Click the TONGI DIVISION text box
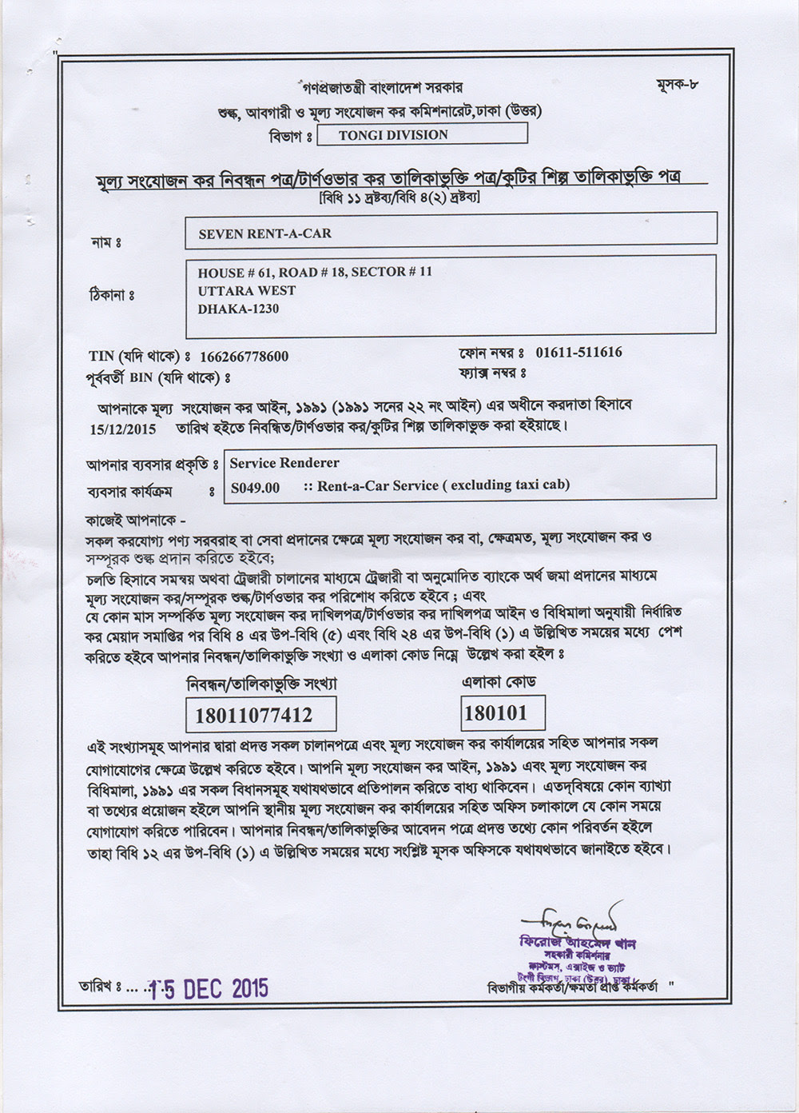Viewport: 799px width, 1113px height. pos(422,134)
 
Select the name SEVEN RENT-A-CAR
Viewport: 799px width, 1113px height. pos(264,233)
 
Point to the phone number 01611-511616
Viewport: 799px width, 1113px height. pos(578,352)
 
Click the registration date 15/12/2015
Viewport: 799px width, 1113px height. pos(124,428)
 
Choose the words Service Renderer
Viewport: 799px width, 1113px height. pos(284,463)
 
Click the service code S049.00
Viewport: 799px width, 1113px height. pos(255,487)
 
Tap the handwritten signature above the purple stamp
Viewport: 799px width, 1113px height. pos(570,916)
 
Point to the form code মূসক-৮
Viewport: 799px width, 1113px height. pos(681,84)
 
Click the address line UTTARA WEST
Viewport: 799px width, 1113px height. pos(247,291)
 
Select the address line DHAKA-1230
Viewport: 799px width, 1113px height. pos(238,309)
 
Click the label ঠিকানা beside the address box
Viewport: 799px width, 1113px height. pos(111,296)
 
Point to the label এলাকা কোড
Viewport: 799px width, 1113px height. pos(499,682)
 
